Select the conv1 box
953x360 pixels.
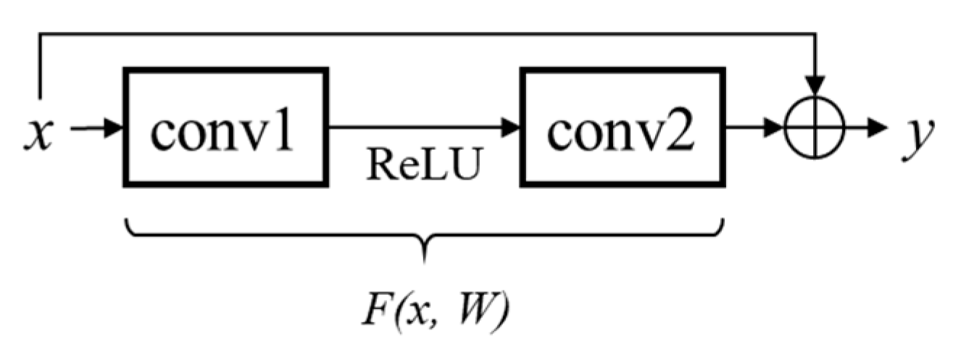(226, 128)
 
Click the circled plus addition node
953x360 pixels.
(816, 128)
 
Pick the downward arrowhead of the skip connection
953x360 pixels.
(816, 85)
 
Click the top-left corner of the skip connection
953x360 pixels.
(39, 33)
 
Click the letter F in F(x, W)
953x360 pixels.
(370, 309)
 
